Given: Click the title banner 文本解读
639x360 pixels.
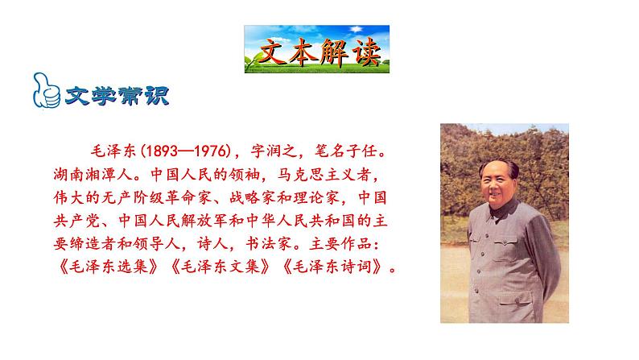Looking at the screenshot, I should click(x=316, y=49).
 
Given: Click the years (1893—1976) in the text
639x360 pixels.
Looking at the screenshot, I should click(x=183, y=151).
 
